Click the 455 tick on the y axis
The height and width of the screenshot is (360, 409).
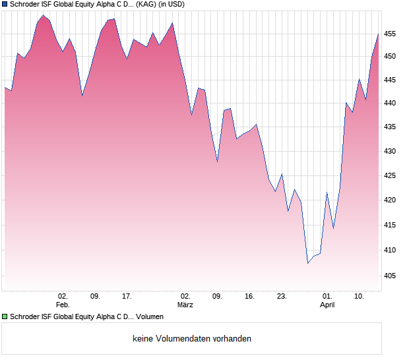coord(390,34)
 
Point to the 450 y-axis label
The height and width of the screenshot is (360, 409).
coord(390,57)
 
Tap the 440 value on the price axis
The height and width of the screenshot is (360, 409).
coord(390,104)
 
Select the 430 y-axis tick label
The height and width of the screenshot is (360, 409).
coord(390,152)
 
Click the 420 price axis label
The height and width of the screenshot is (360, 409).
coord(390,200)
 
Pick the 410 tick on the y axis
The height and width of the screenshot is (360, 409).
coord(390,251)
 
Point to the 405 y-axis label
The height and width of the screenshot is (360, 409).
coord(390,276)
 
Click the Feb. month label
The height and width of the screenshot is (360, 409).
coord(63,305)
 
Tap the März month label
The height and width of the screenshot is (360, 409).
coord(185,305)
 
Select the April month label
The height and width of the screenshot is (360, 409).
coord(327,305)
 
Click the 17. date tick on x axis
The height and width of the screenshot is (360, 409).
coord(127,296)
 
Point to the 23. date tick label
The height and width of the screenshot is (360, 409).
coord(282,296)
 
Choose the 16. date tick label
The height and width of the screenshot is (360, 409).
coord(249,296)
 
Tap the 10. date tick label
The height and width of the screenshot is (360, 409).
coord(359,296)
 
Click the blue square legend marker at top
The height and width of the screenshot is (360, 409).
coord(5,4)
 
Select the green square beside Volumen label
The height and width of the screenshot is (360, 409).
coord(5,316)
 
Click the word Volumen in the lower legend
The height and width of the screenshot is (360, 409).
coord(150,316)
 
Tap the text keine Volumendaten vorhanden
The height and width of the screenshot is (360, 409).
coord(192,339)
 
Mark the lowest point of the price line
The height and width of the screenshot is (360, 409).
coord(307,263)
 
